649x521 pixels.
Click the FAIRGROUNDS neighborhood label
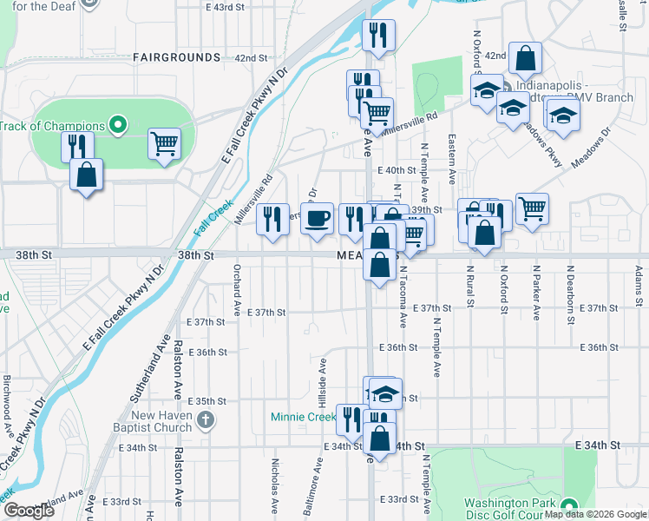point(177,57)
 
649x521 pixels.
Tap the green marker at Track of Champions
point(118,126)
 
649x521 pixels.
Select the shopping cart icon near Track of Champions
point(164,143)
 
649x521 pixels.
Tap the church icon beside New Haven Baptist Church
point(206,421)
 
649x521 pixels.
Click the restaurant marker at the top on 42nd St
point(378,36)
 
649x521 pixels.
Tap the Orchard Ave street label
point(236,290)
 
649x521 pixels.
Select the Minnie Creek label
point(303,417)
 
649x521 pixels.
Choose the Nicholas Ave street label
point(275,486)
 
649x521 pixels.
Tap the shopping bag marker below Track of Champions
point(87,175)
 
